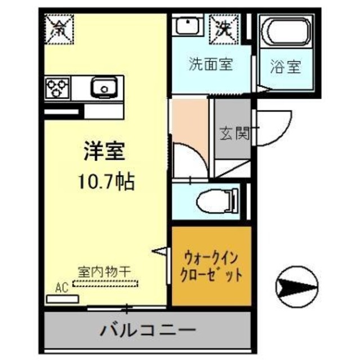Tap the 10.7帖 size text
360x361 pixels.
click(x=105, y=180)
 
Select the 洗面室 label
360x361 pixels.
click(x=210, y=64)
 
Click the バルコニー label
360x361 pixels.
click(x=148, y=329)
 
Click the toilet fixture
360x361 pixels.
click(x=217, y=199)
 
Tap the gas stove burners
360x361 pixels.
click(x=58, y=88)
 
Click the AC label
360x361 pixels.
click(x=61, y=288)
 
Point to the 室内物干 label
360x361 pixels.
click(x=104, y=272)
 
